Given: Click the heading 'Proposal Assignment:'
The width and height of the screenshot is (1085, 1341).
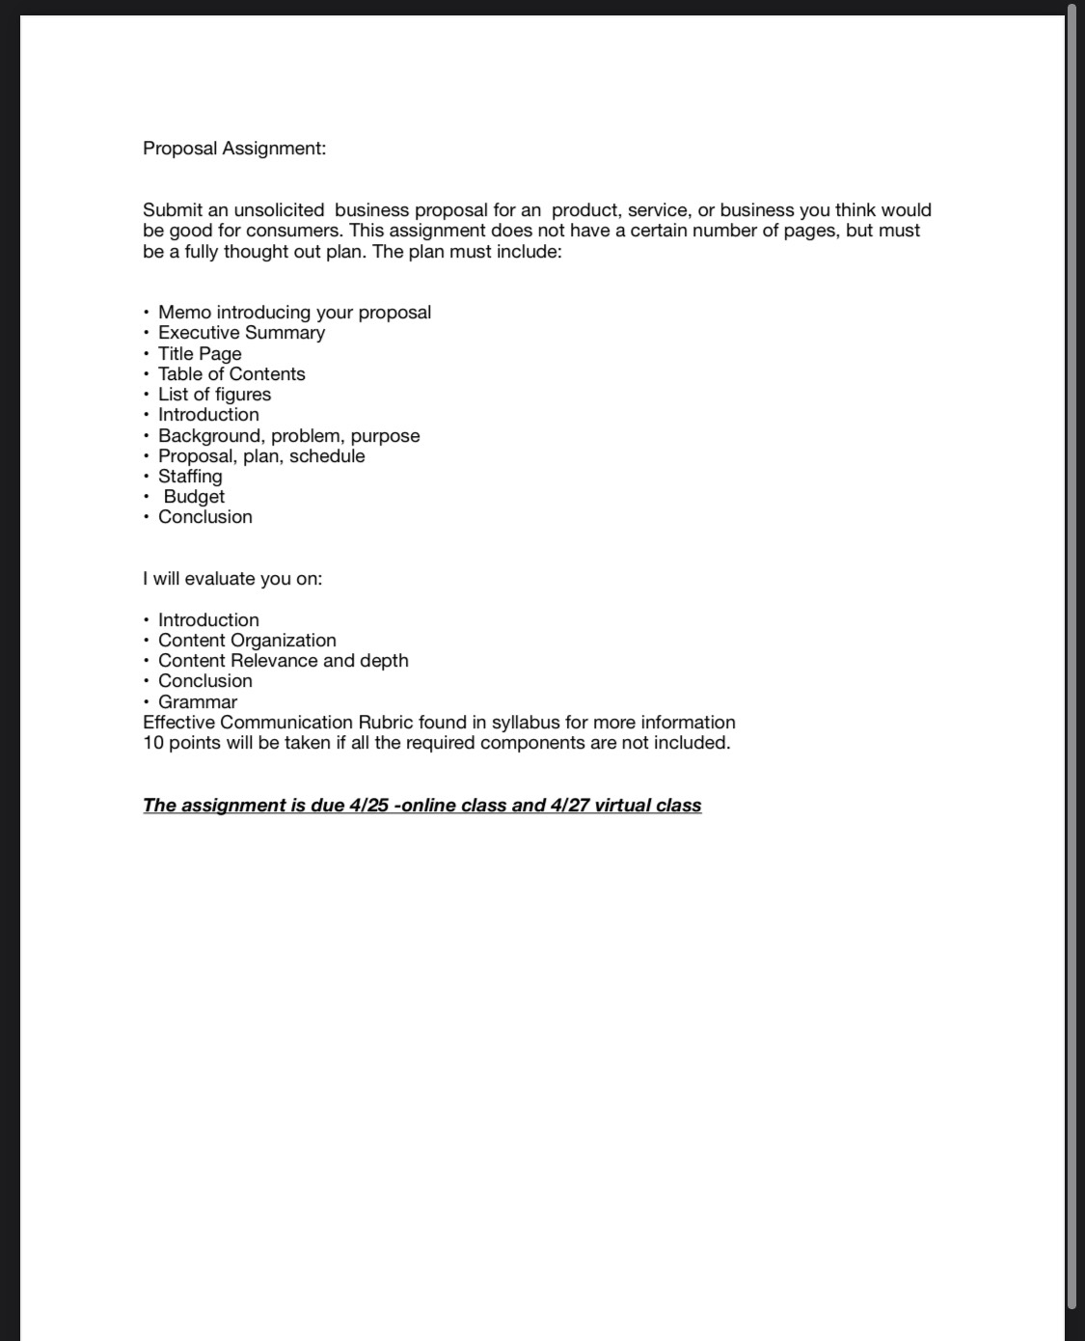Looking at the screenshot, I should click(x=234, y=149).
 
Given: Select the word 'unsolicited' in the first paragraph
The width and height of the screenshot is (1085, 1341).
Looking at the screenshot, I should click(x=279, y=210).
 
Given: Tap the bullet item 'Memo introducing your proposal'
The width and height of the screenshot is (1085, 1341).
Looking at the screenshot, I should click(x=294, y=313).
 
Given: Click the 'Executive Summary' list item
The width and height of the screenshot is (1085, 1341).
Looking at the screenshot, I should click(x=241, y=333).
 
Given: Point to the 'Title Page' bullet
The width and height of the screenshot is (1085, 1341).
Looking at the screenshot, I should click(x=200, y=354).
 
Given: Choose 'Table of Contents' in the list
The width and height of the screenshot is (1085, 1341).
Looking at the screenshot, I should click(x=231, y=374).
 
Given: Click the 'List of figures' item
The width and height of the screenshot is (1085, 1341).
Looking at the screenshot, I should click(x=214, y=395).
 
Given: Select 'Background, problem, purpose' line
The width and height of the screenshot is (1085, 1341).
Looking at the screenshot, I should click(x=288, y=436).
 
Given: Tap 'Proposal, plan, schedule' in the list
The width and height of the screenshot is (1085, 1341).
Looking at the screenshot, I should click(x=261, y=456).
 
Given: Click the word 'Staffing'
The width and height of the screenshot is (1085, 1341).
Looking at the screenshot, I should click(x=190, y=477).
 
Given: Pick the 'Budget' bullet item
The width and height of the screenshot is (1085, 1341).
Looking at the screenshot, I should click(x=194, y=497).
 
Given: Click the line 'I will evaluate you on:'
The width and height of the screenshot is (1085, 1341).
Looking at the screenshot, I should click(x=232, y=579).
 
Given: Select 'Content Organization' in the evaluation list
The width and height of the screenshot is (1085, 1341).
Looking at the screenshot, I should click(x=247, y=641).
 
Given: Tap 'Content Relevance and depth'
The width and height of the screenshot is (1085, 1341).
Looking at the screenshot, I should click(x=283, y=661).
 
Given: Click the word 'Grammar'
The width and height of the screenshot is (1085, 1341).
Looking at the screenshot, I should click(x=197, y=702).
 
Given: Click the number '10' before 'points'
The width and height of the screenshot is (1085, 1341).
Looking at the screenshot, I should click(x=153, y=743).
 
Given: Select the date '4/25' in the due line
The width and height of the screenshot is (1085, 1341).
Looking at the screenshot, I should click(x=368, y=806).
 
